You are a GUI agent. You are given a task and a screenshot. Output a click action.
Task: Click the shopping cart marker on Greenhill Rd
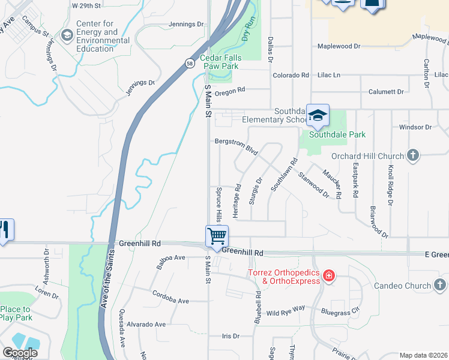tap(216, 235)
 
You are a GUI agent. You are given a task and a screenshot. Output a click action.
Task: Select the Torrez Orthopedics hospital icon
tap(328, 277)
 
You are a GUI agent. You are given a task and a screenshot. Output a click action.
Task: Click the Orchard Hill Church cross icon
tap(412, 155)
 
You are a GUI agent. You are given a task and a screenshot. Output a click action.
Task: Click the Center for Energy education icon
tap(67, 36)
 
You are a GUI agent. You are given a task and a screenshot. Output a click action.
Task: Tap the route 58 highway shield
tap(190, 62)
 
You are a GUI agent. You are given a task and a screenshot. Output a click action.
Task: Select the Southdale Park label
tap(337, 134)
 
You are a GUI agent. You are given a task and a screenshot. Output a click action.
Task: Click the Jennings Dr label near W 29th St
tap(186, 25)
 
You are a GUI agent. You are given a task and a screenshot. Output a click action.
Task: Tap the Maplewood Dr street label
tap(339, 46)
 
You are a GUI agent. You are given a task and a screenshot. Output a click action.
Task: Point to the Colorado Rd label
tap(291, 76)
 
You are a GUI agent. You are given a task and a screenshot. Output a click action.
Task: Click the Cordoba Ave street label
tap(170, 301)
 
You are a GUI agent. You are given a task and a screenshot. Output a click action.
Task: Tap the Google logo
tap(20, 353)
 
